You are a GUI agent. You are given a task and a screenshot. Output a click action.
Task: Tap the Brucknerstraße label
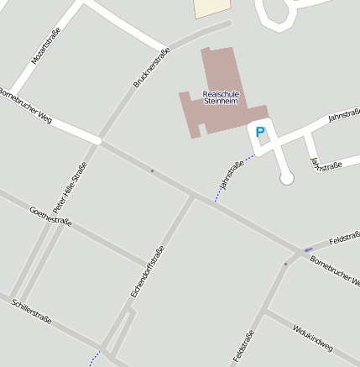pyautogui.click(x=152, y=68)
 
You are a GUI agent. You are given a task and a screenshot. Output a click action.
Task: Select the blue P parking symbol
pyautogui.click(x=260, y=132)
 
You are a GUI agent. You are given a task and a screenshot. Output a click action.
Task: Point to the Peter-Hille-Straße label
pyautogui.click(x=70, y=186)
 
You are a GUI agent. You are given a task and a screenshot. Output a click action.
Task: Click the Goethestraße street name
pyautogui.click(x=50, y=216)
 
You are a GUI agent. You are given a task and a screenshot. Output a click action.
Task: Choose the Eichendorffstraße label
pyautogui.click(x=148, y=270)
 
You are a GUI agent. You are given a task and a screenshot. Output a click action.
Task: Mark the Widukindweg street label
pyautogui.click(x=313, y=335)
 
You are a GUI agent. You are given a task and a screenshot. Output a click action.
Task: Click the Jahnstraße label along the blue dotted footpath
pyautogui.click(x=230, y=175)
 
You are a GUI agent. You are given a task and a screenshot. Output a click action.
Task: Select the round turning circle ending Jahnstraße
pyautogui.click(x=286, y=178)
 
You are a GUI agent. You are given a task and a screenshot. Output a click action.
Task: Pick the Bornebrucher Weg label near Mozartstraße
pyautogui.click(x=25, y=106)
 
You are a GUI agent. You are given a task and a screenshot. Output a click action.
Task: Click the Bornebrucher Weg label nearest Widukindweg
pyautogui.click(x=334, y=270)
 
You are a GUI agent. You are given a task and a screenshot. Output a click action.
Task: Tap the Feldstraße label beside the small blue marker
pyautogui.click(x=343, y=241)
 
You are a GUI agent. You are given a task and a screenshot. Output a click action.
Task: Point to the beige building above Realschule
pyautogui.click(x=211, y=8)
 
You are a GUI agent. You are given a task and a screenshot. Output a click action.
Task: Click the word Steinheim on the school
pyautogui.click(x=221, y=101)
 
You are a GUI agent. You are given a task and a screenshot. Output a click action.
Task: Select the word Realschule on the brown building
pyautogui.click(x=221, y=93)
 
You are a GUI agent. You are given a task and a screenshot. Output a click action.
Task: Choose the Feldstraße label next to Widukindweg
pyautogui.click(x=243, y=347)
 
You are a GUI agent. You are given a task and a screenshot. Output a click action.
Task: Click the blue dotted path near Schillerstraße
pyautogui.click(x=95, y=357)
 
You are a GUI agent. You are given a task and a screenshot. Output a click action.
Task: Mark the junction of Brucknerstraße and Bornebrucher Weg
pyautogui.click(x=98, y=141)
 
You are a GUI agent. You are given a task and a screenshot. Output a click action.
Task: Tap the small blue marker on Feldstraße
pyautogui.click(x=308, y=249)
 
